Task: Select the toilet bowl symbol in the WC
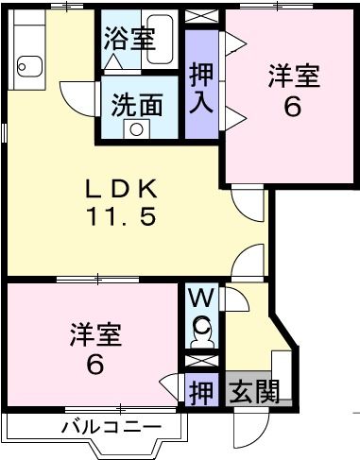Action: [x=203, y=332]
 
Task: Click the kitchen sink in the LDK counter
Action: [x=26, y=65]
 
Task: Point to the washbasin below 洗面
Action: [x=138, y=128]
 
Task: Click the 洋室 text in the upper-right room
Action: [x=292, y=75]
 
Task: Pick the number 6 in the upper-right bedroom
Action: [x=292, y=106]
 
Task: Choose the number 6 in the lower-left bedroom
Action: [x=95, y=363]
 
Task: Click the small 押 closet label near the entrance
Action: [x=200, y=390]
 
